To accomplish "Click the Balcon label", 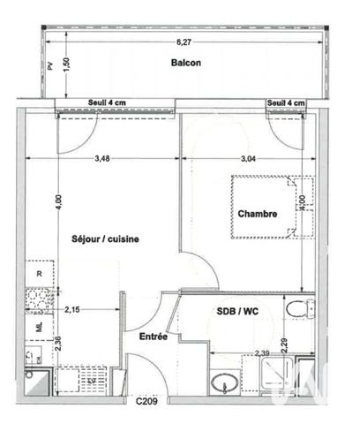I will click(186, 63).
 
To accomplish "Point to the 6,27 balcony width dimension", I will click(183, 42).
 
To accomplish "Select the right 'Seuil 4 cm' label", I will click(286, 103).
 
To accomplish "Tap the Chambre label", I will click(257, 214).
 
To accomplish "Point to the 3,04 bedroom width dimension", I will click(253, 159).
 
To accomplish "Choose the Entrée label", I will click(154, 337).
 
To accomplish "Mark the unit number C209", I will click(146, 402).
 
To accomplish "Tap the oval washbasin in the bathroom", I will click(223, 382).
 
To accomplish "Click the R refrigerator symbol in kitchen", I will click(40, 275).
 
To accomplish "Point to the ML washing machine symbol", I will click(39, 327).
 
